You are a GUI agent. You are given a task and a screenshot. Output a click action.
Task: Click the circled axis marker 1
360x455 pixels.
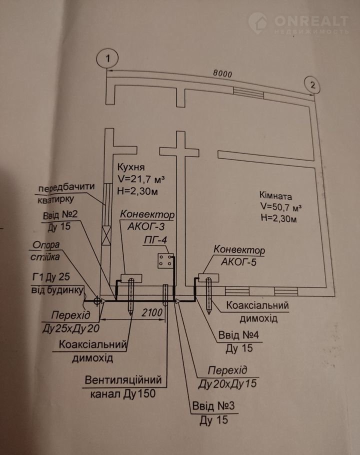(106, 58)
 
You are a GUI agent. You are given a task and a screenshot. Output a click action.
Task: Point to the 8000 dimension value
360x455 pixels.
(222, 73)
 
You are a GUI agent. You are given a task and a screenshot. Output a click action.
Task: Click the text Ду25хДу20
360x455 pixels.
(75, 328)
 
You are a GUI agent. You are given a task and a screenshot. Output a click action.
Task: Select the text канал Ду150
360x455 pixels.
(122, 393)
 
